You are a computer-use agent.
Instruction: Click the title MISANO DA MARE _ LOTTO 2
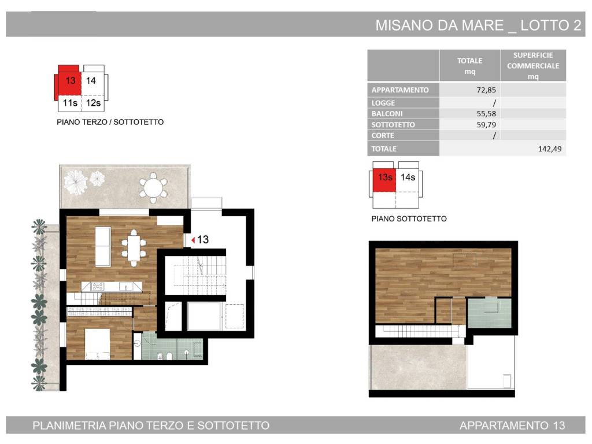click(x=478, y=25)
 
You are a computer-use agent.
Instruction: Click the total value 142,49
click(x=549, y=149)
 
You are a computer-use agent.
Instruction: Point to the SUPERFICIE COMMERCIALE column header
click(x=532, y=66)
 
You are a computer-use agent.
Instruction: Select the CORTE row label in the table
click(x=383, y=135)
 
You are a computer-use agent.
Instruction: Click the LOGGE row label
click(x=383, y=103)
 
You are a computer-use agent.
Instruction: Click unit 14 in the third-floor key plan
click(x=91, y=81)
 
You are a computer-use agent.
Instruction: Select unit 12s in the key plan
click(x=92, y=103)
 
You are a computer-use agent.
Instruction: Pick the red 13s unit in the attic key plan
click(x=384, y=178)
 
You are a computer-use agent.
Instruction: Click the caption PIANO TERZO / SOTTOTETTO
click(x=110, y=122)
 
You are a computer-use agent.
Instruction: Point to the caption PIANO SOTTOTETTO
click(x=409, y=219)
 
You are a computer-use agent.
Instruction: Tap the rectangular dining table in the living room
click(x=134, y=248)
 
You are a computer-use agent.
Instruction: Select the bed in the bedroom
click(x=98, y=344)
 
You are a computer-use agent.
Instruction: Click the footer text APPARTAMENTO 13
click(x=512, y=426)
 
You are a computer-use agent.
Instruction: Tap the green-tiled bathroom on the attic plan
click(x=489, y=313)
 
